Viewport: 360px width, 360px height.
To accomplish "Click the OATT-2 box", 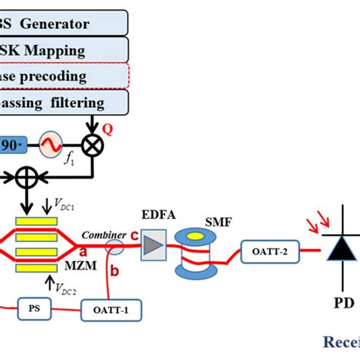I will coord(261,248).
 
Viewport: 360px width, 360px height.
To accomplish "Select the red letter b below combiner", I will coord(115,271).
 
